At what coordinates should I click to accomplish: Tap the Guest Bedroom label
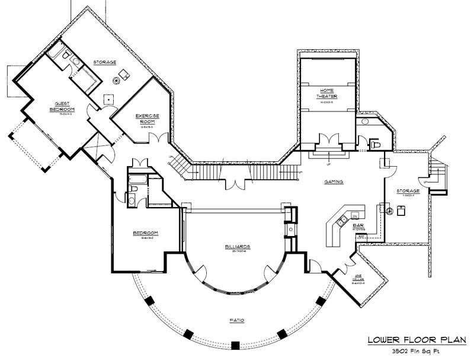61,106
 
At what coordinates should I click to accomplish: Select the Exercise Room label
145,118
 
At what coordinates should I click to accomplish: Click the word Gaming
335,182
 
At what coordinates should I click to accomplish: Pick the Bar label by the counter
358,225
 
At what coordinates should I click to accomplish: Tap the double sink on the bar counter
342,221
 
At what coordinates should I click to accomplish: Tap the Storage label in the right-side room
408,191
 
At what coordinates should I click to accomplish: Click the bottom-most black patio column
235,345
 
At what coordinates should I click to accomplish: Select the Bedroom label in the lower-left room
144,234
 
